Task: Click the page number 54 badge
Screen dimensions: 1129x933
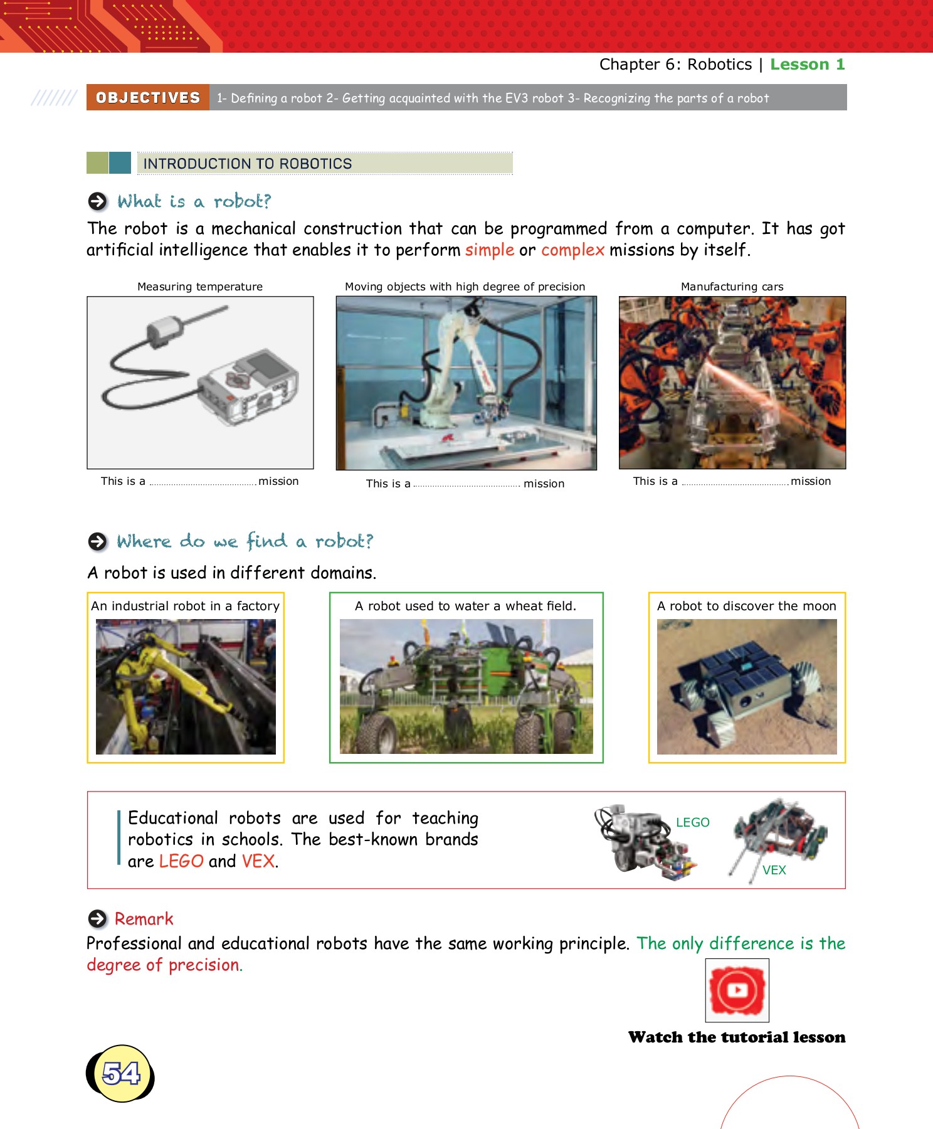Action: click(x=120, y=1073)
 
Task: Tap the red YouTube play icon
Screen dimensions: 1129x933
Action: click(x=737, y=990)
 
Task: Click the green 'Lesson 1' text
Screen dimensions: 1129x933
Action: click(x=807, y=65)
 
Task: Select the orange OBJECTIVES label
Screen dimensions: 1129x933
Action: click(x=148, y=98)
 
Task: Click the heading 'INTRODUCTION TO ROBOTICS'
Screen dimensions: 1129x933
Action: click(x=248, y=164)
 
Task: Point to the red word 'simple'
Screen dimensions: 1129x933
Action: click(x=489, y=250)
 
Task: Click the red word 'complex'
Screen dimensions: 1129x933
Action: click(x=572, y=250)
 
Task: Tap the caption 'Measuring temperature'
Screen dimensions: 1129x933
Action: click(x=200, y=287)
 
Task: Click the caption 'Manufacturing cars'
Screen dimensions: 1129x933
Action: click(x=732, y=287)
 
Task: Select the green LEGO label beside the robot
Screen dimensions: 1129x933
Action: click(x=692, y=822)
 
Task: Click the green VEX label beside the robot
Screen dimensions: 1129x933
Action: click(x=774, y=870)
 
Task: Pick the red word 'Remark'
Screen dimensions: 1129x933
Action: click(x=144, y=919)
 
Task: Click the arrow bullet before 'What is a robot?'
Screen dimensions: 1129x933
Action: click(x=97, y=201)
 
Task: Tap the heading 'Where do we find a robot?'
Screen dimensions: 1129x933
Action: click(x=245, y=541)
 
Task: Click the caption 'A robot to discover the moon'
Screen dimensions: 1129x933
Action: click(x=746, y=606)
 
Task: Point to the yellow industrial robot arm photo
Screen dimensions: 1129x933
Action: click(x=186, y=686)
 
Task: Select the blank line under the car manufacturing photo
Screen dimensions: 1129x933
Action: click(x=734, y=483)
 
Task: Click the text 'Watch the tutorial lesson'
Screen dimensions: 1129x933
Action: click(x=736, y=1037)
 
